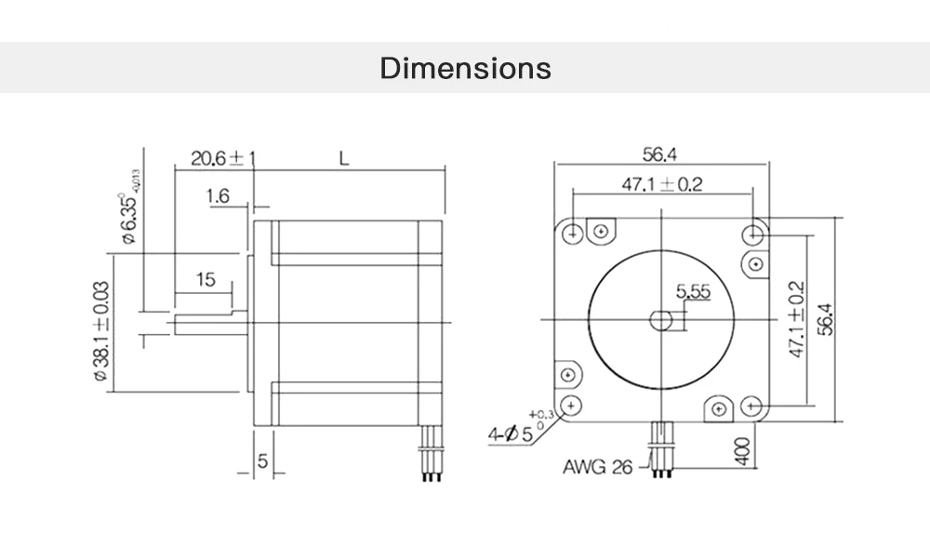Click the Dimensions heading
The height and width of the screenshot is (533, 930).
tap(465, 69)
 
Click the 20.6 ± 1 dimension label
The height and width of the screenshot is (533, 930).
tap(221, 158)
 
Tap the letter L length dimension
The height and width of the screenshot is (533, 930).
tap(343, 158)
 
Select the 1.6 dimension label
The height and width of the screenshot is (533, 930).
tap(219, 196)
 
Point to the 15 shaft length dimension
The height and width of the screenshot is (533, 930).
tap(206, 280)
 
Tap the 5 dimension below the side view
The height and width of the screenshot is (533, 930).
tap(263, 461)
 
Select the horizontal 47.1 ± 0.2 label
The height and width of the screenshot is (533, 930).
tap(661, 184)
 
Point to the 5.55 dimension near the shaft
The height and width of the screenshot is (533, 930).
tap(694, 292)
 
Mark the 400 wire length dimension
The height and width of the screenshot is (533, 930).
tap(741, 453)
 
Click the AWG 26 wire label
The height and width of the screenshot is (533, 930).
tap(596, 466)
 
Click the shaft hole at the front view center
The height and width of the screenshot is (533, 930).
tap(661, 320)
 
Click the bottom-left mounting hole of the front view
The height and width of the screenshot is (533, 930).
tap(573, 405)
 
